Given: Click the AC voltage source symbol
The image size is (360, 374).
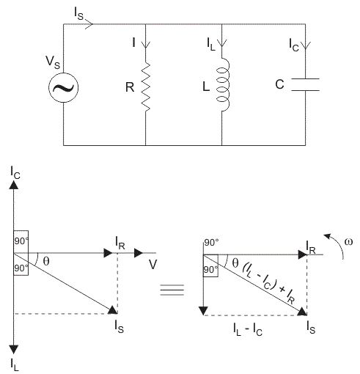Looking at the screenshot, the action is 63,87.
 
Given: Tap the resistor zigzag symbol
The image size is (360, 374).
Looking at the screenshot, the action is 146,87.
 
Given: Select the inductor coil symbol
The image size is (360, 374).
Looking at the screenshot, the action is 223,84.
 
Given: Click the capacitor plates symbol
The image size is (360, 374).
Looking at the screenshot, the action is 306,84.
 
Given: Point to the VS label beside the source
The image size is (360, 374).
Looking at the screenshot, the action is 53,62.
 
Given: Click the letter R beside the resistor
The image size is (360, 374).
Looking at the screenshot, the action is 130,87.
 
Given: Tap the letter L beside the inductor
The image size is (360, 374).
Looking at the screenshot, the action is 206,87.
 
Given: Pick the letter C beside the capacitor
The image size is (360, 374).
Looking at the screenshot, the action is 279,84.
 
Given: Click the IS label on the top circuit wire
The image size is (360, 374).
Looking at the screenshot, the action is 78,13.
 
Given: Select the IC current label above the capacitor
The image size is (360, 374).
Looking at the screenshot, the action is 294,45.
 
